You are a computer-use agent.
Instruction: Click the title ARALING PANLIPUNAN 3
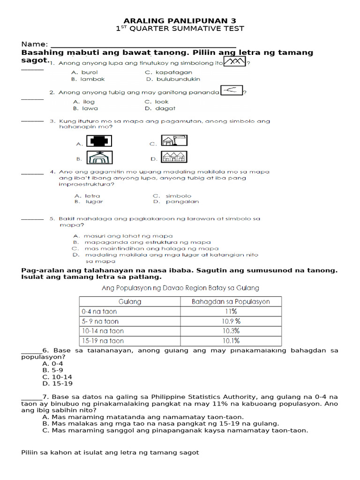tap(180, 21)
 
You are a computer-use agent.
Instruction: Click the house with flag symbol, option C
tap(174, 140)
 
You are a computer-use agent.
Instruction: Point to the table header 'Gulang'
tap(130, 301)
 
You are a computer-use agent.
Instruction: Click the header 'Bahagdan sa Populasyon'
tap(231, 301)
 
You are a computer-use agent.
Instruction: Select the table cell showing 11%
tap(231, 311)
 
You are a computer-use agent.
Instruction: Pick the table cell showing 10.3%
tap(231, 331)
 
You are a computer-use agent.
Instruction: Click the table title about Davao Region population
tap(180, 288)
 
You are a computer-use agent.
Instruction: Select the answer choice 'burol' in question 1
tap(89, 73)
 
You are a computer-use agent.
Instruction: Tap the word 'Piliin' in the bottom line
tap(31, 452)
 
